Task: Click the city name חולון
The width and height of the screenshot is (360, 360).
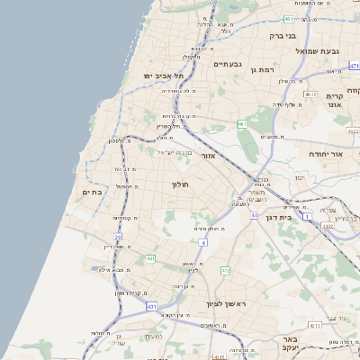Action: coord(178,184)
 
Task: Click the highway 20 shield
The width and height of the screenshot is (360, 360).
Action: coord(118,237)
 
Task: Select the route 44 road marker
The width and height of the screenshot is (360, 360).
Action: coord(255,216)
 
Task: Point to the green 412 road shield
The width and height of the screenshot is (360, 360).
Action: coord(226,270)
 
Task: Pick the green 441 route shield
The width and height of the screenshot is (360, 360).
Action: coord(150,259)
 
